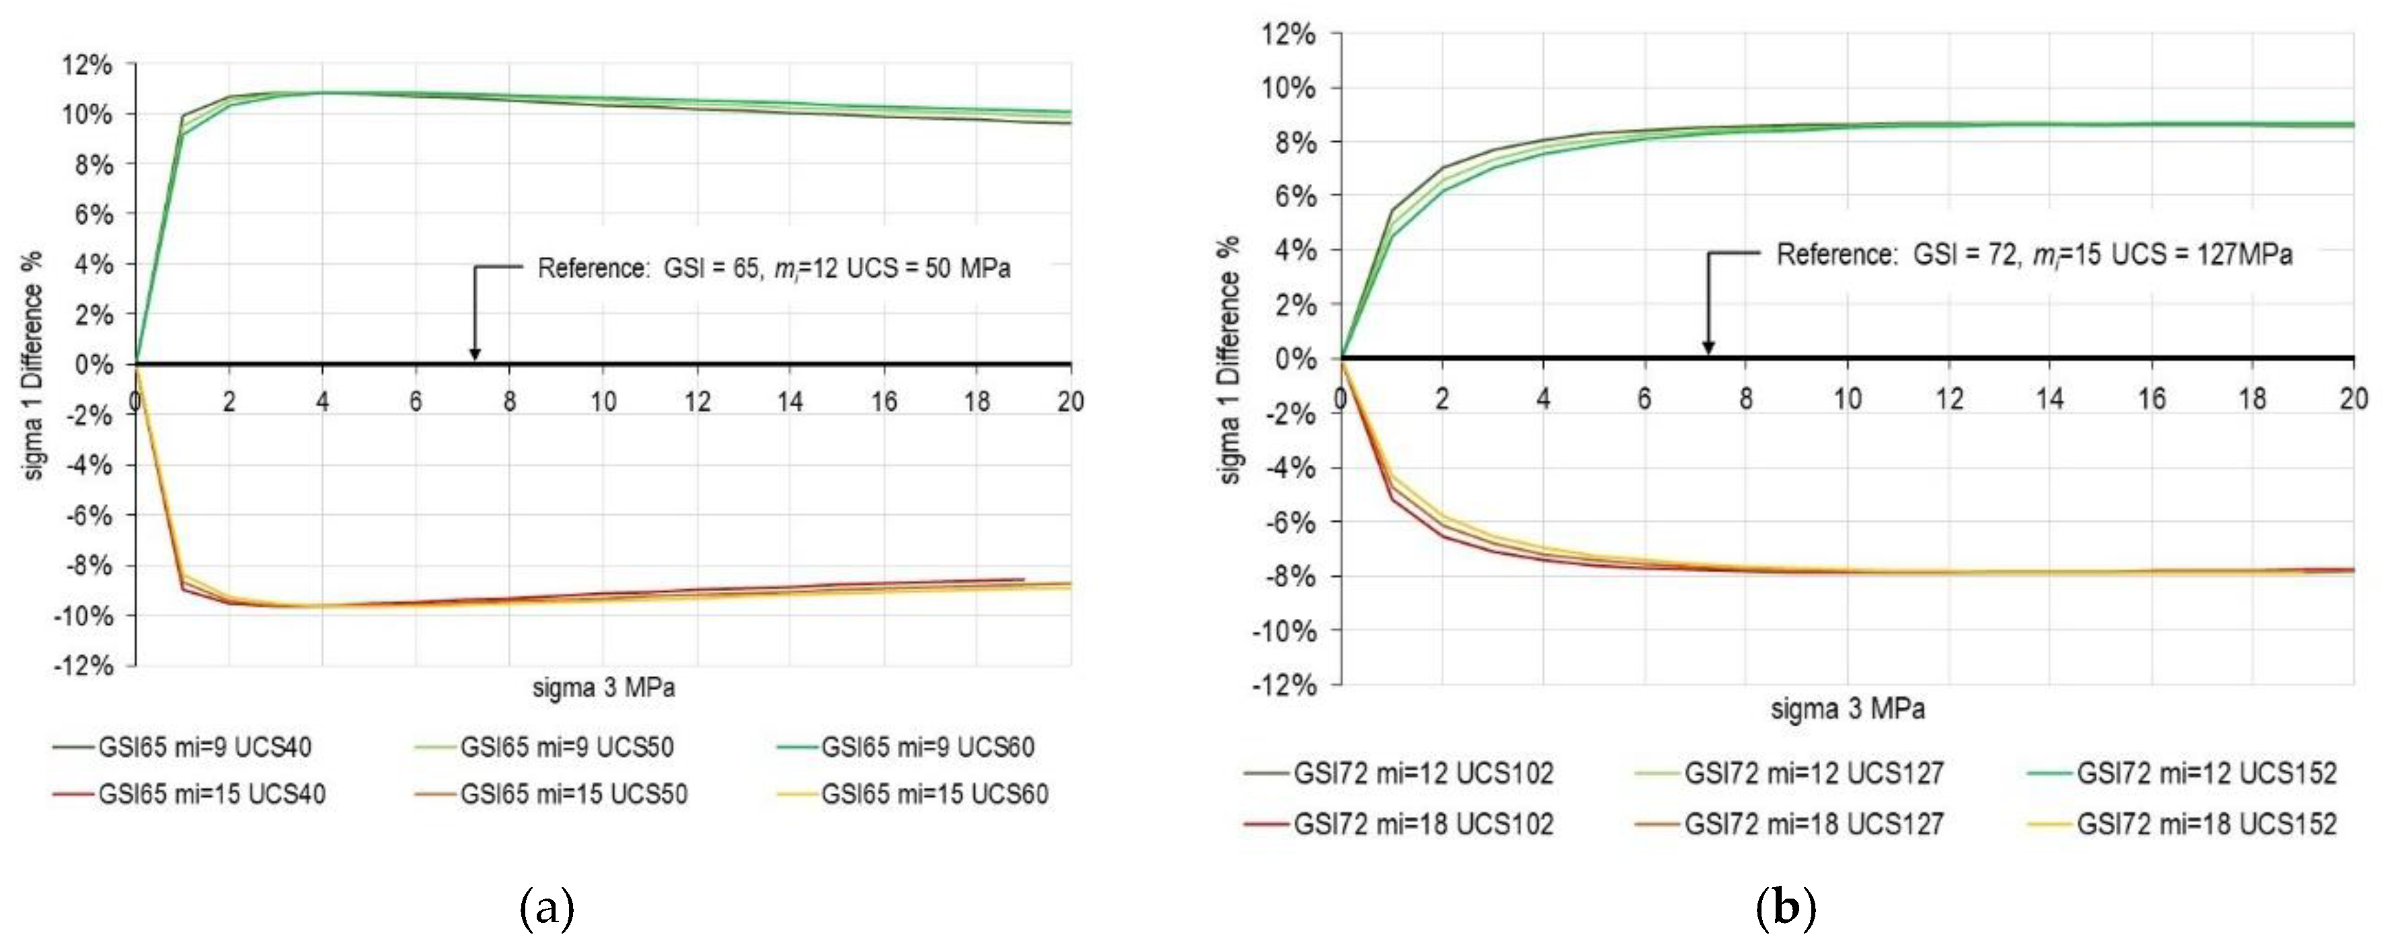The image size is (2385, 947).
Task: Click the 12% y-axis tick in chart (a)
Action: pos(87,65)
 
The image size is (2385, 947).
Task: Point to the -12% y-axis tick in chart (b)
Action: pos(1283,685)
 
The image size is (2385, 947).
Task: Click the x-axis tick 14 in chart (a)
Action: pos(790,401)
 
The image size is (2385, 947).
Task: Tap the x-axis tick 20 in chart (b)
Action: pos(2353,398)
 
